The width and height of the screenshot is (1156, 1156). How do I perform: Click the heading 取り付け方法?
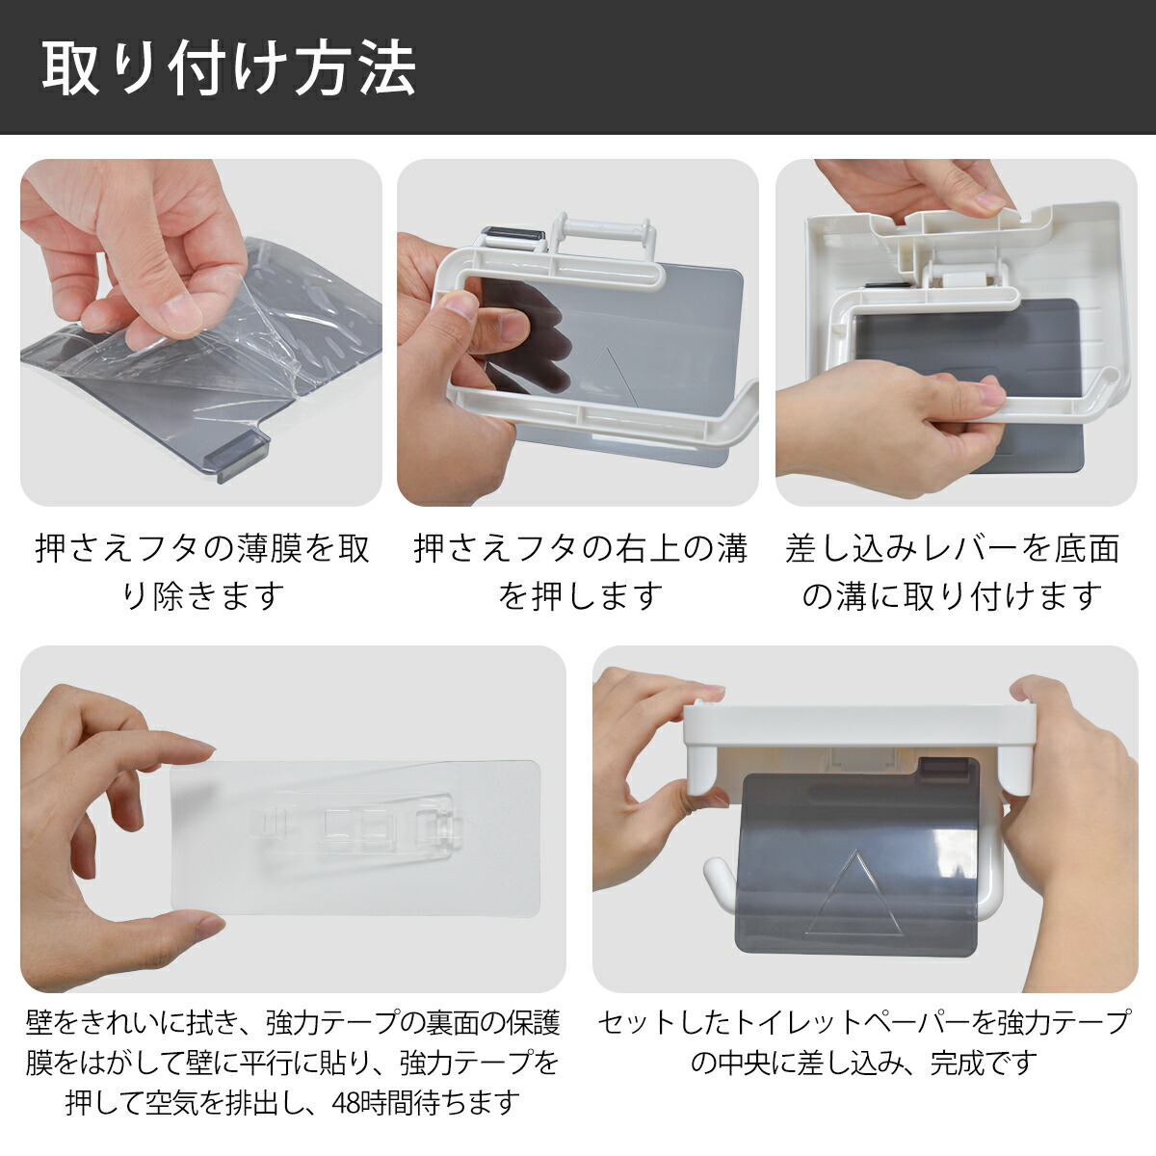[x=228, y=67]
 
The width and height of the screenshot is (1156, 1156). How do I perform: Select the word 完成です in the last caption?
[x=984, y=1063]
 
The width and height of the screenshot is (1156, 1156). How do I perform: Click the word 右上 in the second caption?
[x=648, y=548]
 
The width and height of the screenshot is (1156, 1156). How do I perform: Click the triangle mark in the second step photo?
[x=603, y=375]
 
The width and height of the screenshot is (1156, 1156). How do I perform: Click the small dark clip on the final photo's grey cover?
[x=940, y=766]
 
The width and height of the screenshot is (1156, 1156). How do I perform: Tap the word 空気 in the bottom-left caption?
[x=171, y=1102]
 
